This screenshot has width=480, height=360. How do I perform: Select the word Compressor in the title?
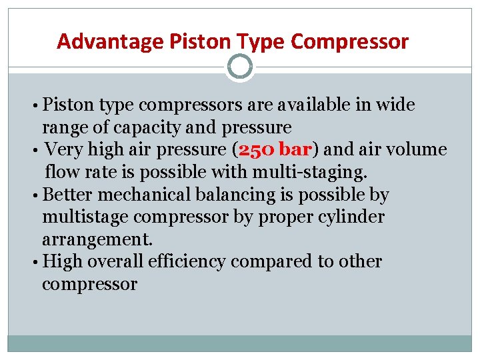click(x=350, y=42)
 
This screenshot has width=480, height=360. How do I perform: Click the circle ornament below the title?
click(x=240, y=67)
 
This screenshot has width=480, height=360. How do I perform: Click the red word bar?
click(x=296, y=149)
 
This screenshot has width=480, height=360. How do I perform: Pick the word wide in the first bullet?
click(x=395, y=105)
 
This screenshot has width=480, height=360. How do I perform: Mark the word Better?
click(x=65, y=195)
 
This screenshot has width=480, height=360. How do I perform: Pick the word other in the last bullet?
click(x=361, y=262)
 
